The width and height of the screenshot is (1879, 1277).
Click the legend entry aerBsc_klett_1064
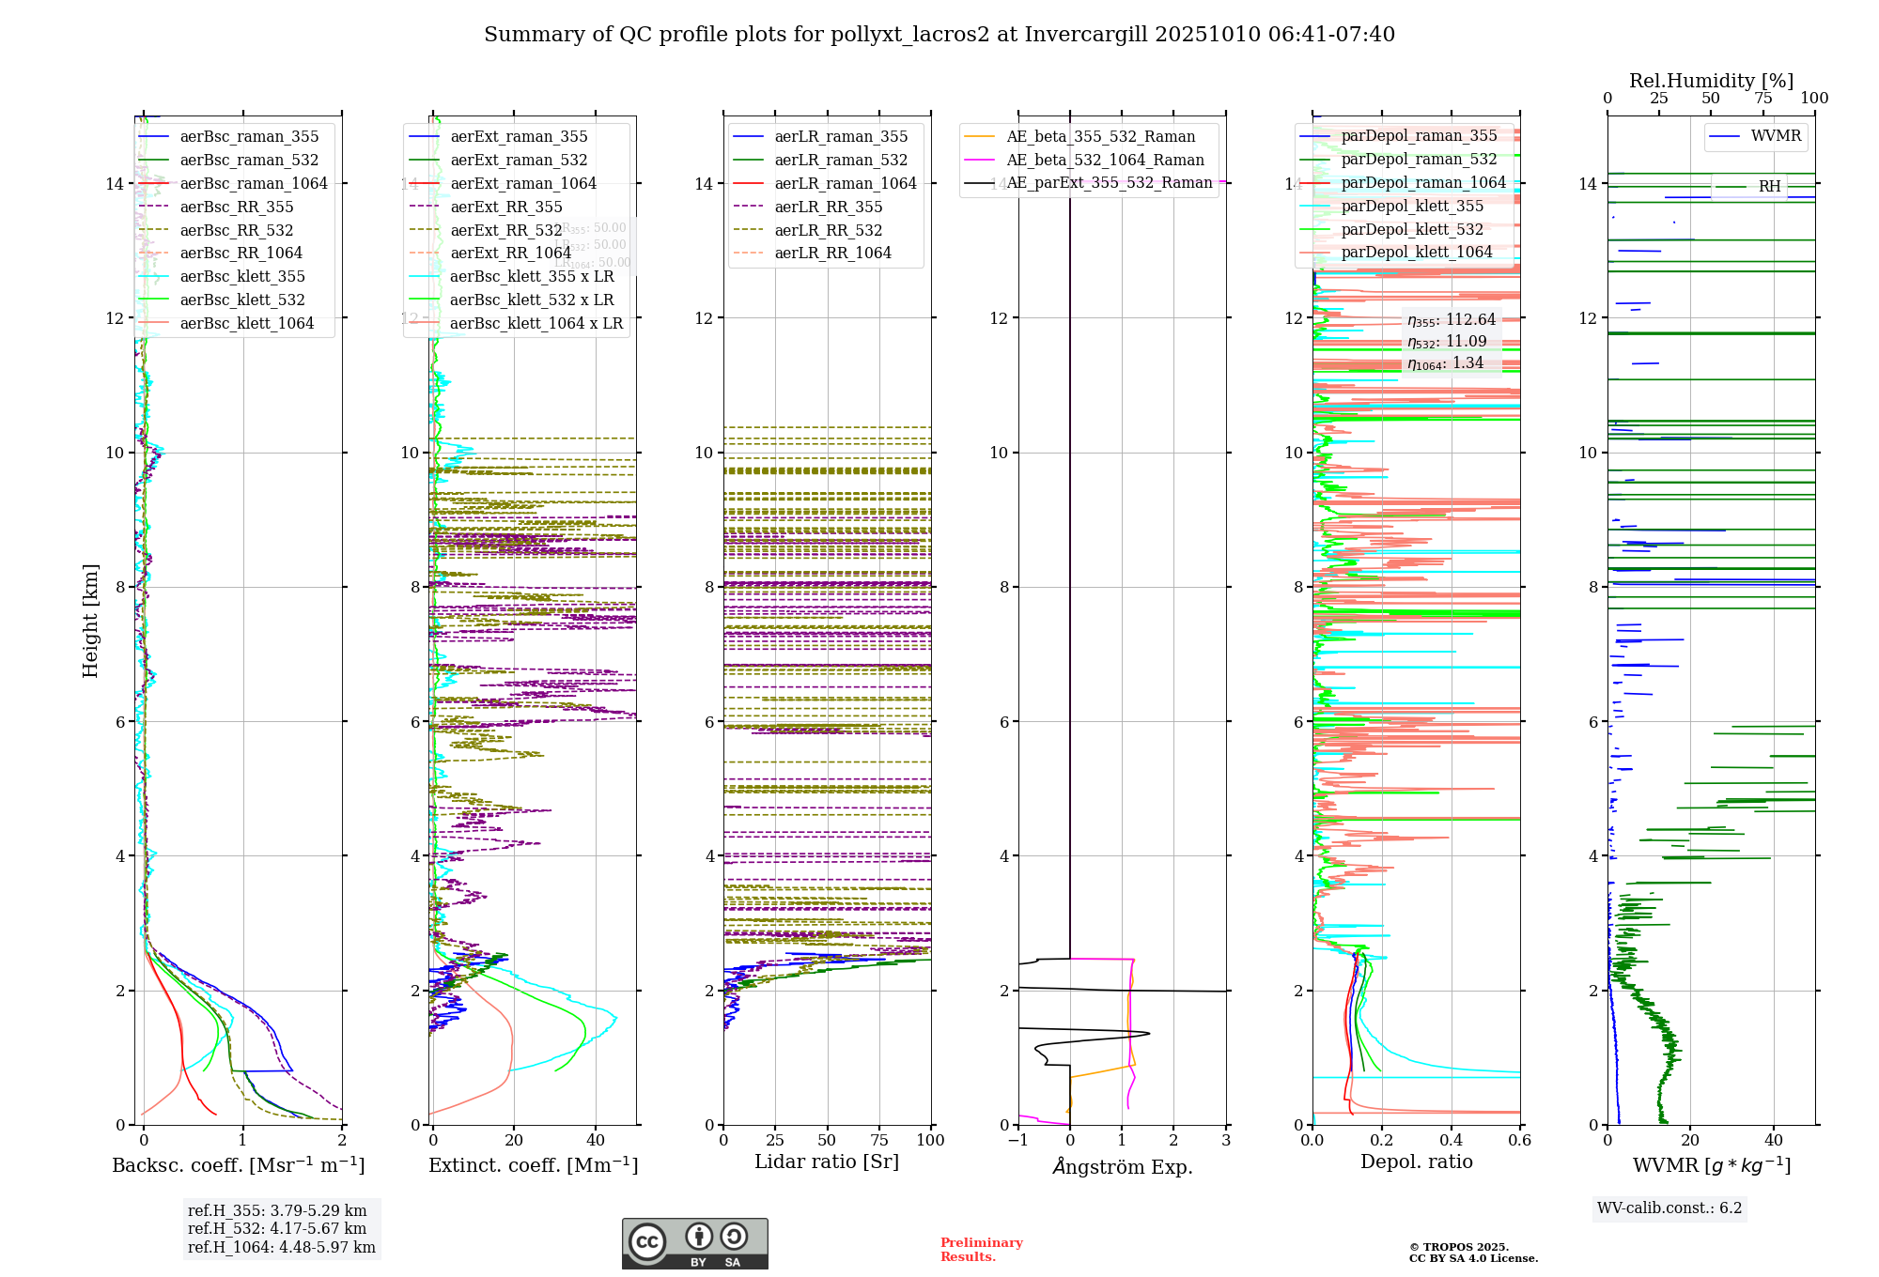(246, 323)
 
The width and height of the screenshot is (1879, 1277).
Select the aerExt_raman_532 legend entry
(519, 160)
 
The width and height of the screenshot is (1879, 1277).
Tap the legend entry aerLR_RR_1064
(832, 253)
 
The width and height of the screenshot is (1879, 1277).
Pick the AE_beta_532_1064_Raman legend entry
(1105, 160)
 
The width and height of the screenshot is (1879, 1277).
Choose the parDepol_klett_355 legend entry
(1412, 206)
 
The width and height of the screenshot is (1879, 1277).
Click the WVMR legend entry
(1776, 136)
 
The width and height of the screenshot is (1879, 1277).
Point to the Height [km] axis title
(90, 621)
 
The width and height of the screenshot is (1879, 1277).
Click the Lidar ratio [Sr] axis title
(827, 1162)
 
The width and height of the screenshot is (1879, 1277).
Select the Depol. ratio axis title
(1416, 1162)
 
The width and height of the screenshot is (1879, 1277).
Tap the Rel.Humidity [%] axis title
(1711, 81)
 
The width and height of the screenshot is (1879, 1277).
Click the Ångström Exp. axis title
(1123, 1166)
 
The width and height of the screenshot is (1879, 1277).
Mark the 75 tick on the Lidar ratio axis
(879, 1140)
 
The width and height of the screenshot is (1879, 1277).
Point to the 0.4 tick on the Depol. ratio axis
(1451, 1140)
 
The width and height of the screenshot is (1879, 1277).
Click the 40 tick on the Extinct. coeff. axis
(596, 1140)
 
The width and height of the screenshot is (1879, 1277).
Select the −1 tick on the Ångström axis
(1018, 1140)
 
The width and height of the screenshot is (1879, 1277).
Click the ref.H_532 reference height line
(276, 1228)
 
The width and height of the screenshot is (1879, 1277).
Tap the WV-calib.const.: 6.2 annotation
(1669, 1208)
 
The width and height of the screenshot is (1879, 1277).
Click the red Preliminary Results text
(981, 1249)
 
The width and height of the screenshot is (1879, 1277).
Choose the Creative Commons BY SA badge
(694, 1243)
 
